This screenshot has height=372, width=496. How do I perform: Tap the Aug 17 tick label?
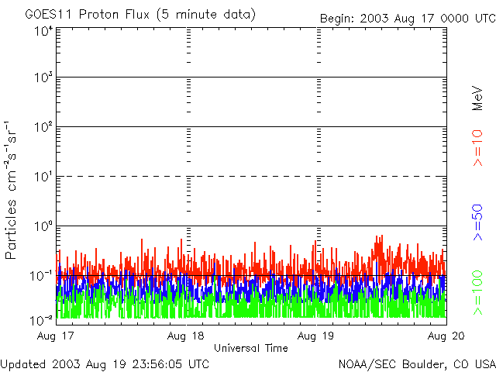click(55, 336)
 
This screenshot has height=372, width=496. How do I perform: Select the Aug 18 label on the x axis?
click(186, 336)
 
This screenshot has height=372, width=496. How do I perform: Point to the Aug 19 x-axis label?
click(315, 336)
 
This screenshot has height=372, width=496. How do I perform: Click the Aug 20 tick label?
click(446, 336)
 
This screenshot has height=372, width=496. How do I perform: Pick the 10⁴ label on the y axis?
click(43, 32)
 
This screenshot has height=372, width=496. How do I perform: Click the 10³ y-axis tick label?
click(43, 77)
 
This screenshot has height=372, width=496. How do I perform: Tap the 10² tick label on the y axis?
click(43, 127)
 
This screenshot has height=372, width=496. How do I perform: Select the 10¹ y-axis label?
click(43, 177)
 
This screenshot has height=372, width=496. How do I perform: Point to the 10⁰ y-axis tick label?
click(43, 226)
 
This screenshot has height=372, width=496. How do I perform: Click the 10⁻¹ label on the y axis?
click(41, 276)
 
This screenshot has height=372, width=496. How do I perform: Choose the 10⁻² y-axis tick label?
click(41, 320)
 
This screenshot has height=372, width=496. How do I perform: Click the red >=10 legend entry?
click(477, 148)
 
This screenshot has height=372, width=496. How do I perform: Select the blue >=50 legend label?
click(477, 222)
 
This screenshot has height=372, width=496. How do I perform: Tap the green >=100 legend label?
click(477, 293)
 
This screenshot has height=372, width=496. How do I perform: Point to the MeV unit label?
click(477, 98)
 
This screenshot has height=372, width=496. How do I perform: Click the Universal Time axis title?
click(251, 348)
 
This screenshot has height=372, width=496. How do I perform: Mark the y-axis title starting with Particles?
click(11, 190)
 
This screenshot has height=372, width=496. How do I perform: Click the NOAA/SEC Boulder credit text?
click(417, 364)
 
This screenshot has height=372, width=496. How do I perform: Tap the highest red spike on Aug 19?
click(382, 236)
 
